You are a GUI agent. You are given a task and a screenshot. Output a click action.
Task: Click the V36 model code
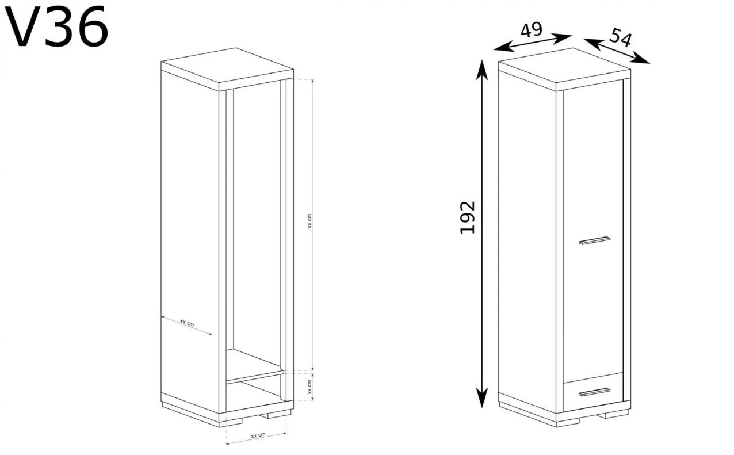point(56,26)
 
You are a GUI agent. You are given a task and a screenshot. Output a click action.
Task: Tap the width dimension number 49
point(532,30)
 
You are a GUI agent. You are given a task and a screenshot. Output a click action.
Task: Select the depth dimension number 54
point(620,37)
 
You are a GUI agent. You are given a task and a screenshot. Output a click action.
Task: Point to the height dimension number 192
point(468,217)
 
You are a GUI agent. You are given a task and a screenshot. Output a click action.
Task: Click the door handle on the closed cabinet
point(594,240)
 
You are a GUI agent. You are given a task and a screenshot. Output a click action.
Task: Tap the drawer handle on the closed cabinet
point(594,392)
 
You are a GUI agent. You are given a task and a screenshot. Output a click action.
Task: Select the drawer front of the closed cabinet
point(593,392)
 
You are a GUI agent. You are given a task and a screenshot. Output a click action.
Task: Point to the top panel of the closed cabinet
point(564,69)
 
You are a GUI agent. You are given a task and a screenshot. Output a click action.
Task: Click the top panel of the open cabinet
point(227,69)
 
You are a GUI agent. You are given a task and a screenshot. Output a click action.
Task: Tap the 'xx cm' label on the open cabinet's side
point(187,323)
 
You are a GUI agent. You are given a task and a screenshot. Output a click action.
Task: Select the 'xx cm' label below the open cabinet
point(258,435)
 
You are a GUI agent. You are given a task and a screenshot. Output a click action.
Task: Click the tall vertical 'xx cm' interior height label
point(309,221)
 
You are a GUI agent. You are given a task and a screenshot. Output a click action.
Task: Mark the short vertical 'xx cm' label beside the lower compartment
point(309,387)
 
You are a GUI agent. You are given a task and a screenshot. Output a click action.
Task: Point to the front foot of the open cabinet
point(231,423)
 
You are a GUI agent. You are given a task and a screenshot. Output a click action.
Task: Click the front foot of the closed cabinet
point(568,423)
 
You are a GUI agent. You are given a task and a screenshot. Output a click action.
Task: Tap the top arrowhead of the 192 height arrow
point(481,70)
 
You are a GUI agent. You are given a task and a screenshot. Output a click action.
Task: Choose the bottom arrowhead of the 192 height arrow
point(481,398)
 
